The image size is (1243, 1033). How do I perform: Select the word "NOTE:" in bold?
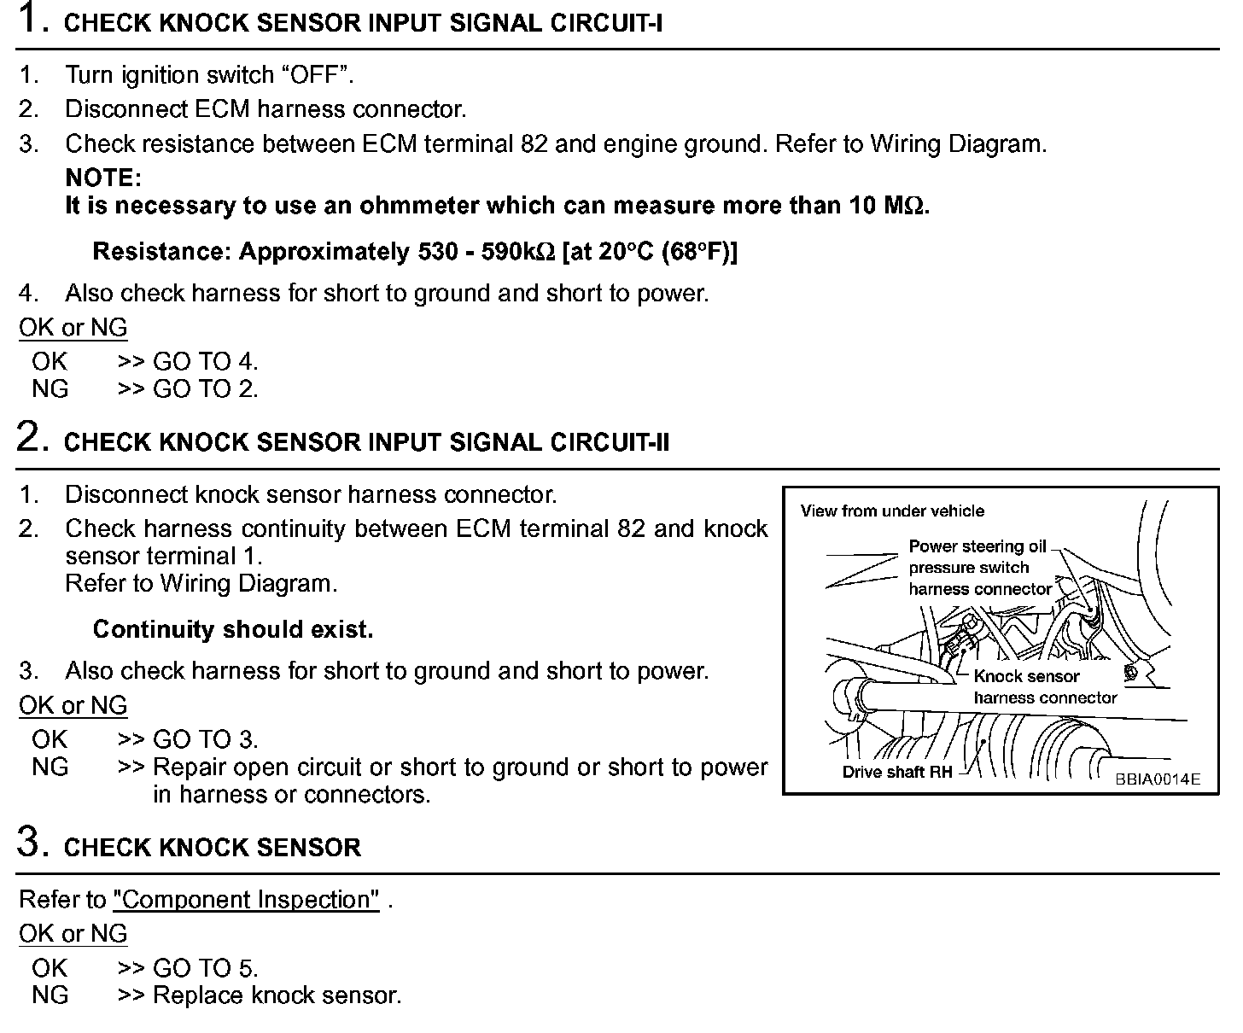[x=102, y=178]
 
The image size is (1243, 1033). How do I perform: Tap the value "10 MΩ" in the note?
[x=887, y=206]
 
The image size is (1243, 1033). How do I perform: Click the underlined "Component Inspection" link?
[x=246, y=900]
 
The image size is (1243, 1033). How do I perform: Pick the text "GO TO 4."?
[x=205, y=362]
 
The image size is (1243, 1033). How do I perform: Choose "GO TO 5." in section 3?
[x=205, y=968]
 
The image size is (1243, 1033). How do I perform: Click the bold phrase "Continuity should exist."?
[x=233, y=630]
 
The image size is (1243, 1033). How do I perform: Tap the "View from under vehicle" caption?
[x=892, y=511]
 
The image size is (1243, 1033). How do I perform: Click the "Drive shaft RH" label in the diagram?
[x=896, y=773]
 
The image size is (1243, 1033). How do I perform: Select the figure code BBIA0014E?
[x=1157, y=779]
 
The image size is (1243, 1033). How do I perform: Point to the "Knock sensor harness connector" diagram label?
[x=1044, y=687]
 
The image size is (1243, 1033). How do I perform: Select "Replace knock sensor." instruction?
[x=277, y=995]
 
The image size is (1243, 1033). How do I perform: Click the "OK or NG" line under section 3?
[x=73, y=934]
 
